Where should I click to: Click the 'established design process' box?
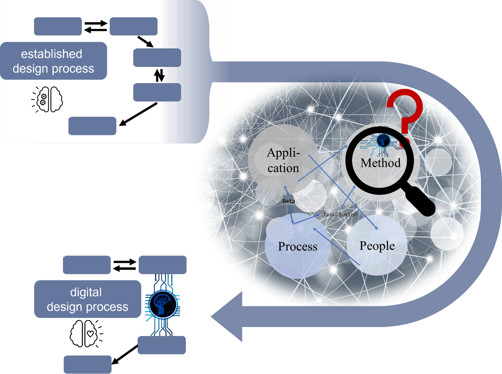tap(53, 61)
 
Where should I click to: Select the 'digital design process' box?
tap(87, 299)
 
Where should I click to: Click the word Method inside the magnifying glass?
tap(380, 163)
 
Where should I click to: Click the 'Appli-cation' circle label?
tap(283, 160)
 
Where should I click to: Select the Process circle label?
tap(297, 247)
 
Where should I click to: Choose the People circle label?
tap(377, 246)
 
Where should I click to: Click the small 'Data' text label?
tap(289, 201)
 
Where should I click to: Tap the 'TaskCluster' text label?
tap(340, 214)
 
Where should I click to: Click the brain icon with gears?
tap(47, 100)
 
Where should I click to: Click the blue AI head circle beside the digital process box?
tap(163, 304)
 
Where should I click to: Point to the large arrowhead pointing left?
tap(226, 317)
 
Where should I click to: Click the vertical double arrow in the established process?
tap(159, 75)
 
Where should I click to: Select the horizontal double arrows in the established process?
tap(96, 26)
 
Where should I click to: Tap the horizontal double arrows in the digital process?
tap(125, 265)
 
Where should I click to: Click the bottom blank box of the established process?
tap(92, 126)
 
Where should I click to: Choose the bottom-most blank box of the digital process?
tap(88, 364)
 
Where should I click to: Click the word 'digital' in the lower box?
tap(86, 293)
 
